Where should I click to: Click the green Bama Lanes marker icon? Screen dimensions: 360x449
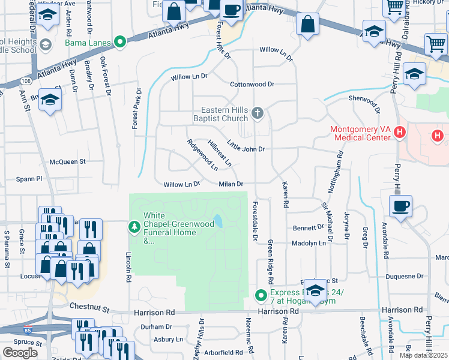click(120, 42)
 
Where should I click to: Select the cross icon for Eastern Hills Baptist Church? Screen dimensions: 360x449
click(258, 113)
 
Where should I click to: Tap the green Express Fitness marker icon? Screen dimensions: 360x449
click(261, 295)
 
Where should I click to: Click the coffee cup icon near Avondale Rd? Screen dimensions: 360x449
click(400, 206)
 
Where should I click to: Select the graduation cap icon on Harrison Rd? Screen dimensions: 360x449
click(315, 290)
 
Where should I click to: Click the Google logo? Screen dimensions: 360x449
click(20, 352)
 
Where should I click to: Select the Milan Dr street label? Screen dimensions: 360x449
click(231, 184)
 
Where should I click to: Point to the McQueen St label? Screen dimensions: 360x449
click(68, 161)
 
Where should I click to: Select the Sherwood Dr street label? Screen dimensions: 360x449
click(364, 103)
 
